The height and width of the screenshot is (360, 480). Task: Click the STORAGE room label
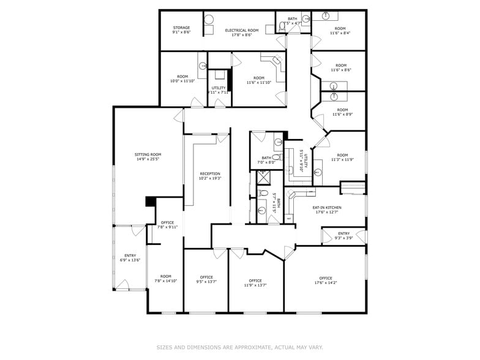181,28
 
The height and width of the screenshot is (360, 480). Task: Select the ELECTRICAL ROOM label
242,30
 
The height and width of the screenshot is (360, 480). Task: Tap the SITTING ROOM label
148,154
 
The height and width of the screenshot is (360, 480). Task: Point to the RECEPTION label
210,174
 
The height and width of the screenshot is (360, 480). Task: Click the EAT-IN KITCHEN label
327,208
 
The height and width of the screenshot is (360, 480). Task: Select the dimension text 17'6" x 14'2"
326,283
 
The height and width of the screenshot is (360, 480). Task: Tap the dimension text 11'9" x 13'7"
255,285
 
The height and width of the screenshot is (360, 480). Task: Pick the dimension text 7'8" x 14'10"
166,281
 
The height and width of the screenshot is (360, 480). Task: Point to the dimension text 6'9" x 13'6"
130,260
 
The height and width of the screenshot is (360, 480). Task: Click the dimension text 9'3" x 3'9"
343,238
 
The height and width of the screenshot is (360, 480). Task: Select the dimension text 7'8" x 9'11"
167,227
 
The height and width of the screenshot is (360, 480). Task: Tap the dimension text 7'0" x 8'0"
266,163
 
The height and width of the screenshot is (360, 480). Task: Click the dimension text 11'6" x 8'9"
342,114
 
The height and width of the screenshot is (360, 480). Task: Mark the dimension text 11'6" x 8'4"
340,34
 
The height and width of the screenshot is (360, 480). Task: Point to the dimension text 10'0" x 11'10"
182,81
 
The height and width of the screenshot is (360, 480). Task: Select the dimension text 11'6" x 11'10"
259,83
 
